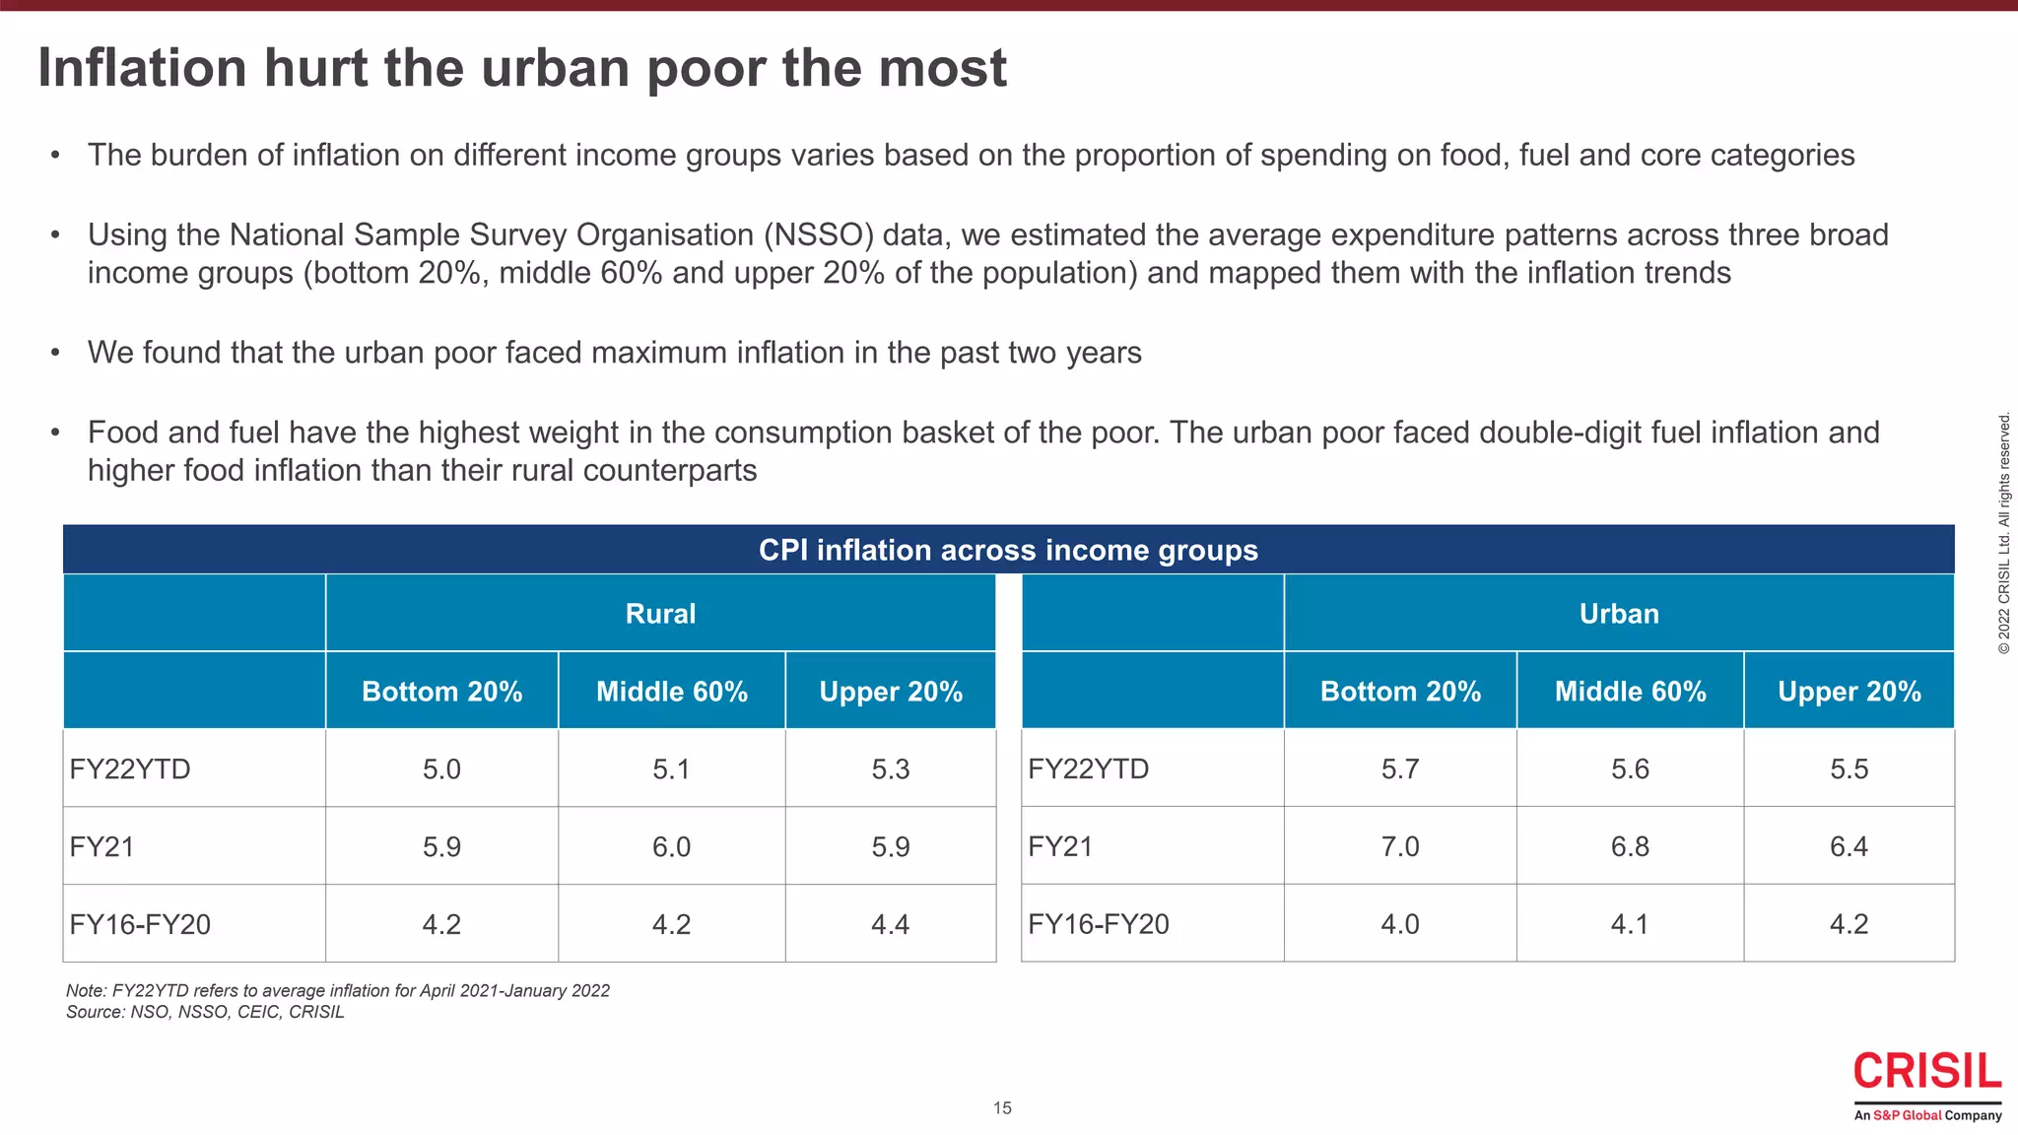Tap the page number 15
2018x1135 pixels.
1002,1108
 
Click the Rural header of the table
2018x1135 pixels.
660,614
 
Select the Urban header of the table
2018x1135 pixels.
1619,614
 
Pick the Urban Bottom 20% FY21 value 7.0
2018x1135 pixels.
1399,846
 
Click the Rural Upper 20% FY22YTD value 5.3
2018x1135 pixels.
890,768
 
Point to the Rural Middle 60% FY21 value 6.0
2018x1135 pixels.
671,846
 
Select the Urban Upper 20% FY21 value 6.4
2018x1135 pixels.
1849,846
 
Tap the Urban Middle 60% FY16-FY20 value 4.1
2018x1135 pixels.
1630,924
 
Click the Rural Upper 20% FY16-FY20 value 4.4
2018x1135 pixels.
890,924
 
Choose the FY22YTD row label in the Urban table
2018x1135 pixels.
1088,768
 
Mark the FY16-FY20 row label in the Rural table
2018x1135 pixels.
140,924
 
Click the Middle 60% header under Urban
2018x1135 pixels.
1630,692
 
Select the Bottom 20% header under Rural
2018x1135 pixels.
441,692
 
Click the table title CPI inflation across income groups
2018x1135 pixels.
1008,550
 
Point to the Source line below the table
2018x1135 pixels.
205,1012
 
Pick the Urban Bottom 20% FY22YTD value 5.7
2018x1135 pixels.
1399,768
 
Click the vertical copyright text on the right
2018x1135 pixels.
2004,533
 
